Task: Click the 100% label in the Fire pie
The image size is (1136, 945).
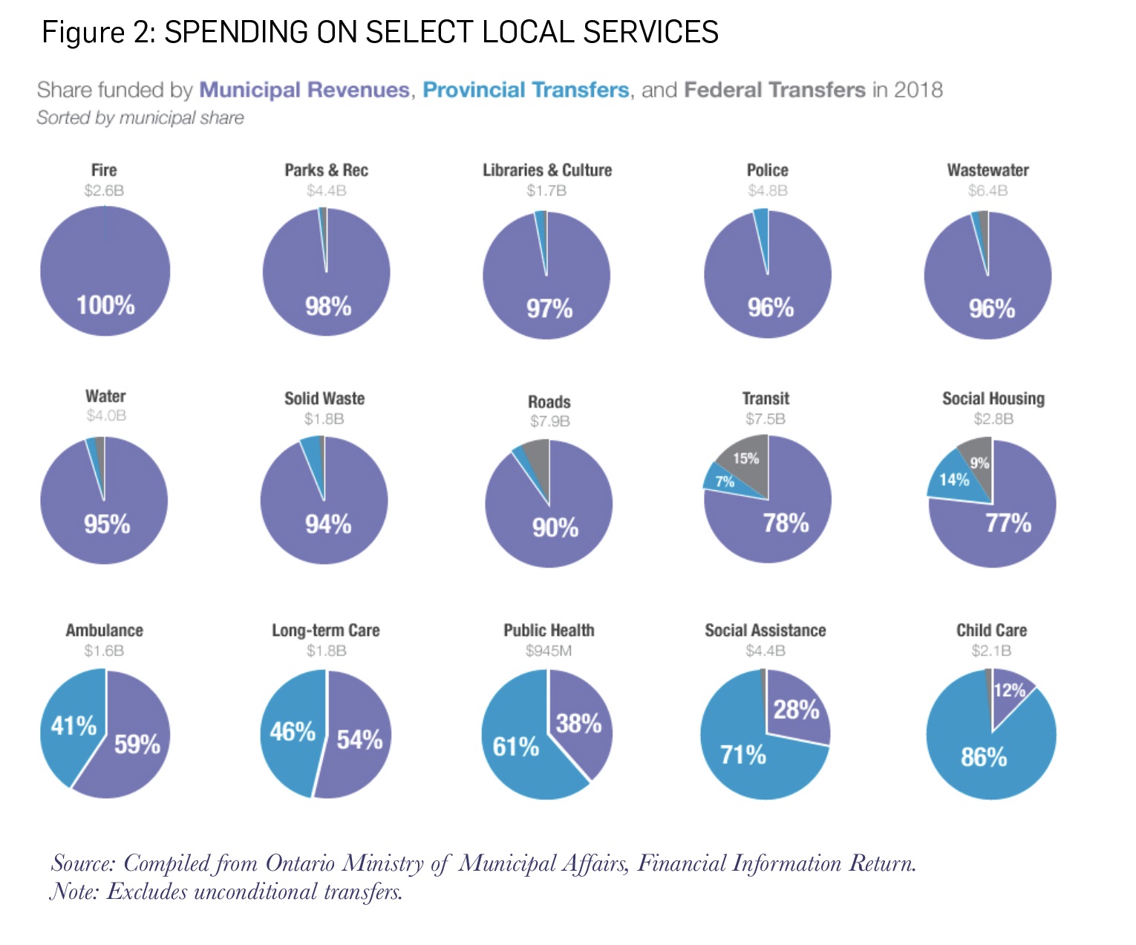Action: tap(105, 305)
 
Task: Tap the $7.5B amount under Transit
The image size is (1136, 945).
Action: tap(766, 419)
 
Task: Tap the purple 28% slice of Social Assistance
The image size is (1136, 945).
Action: tap(797, 709)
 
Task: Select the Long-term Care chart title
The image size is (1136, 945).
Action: tap(325, 631)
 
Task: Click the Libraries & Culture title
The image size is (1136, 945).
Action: tap(547, 170)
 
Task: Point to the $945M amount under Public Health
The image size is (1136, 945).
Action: tap(549, 652)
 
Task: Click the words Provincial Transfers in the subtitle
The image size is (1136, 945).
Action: tap(526, 90)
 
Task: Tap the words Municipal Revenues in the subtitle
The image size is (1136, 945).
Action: tap(304, 90)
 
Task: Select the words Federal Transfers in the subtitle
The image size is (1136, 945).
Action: tap(774, 90)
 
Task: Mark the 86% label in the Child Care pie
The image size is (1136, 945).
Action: tap(984, 757)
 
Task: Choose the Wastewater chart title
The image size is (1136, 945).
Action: tap(988, 170)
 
